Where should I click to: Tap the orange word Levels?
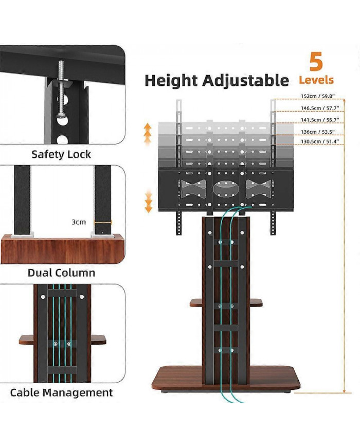316,80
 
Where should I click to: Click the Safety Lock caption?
61,154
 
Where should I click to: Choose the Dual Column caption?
61,273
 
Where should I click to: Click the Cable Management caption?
61,392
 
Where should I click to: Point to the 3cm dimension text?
79,222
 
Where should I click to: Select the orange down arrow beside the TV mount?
148,202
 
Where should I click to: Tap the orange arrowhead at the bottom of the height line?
343,390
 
